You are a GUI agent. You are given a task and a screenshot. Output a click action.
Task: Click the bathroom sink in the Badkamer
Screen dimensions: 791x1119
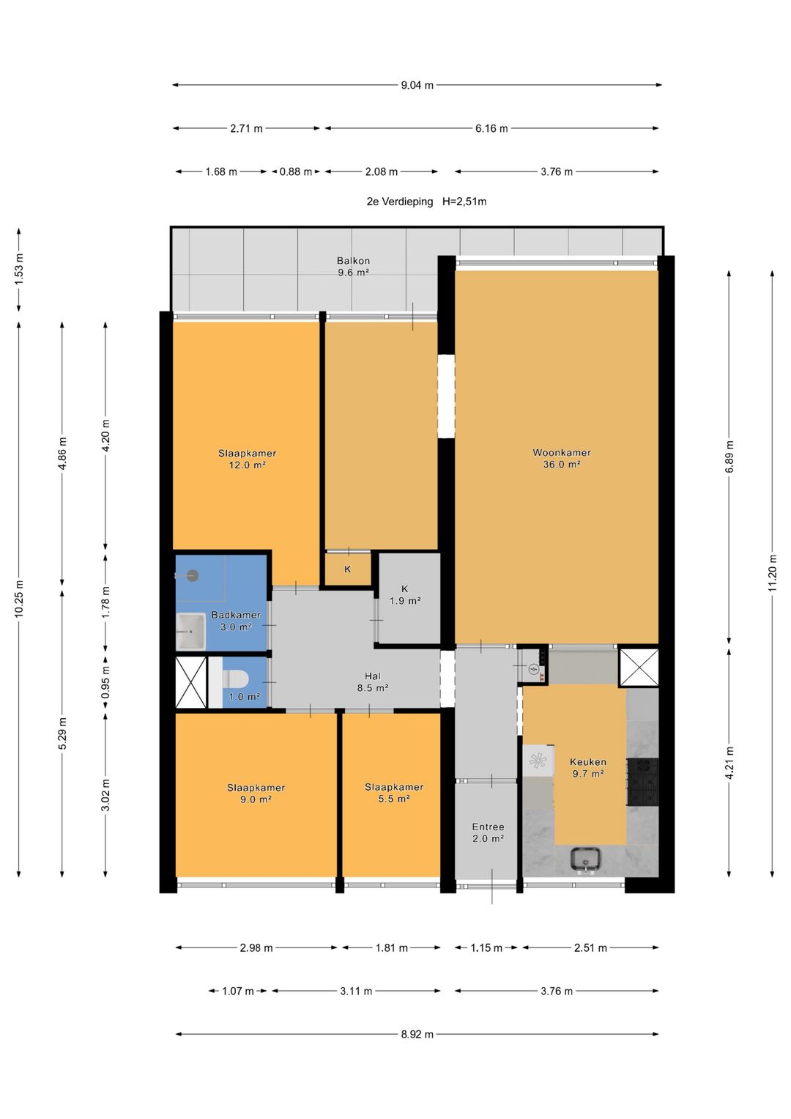[x=190, y=632]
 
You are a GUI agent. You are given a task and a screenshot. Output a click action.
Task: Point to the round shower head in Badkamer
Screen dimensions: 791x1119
[x=192, y=576]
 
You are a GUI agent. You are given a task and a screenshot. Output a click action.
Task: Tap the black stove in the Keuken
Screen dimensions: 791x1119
[x=643, y=782]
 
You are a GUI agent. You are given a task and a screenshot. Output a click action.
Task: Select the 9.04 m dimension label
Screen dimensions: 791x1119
[x=417, y=86]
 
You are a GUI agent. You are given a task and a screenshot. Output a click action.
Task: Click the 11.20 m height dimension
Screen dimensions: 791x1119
[x=773, y=573]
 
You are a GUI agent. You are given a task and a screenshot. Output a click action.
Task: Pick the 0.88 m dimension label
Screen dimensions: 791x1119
[x=296, y=172]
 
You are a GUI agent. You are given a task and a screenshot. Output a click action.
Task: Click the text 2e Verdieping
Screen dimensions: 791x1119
[x=399, y=202]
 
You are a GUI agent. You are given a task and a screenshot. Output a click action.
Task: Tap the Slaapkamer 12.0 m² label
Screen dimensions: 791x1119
[x=247, y=459]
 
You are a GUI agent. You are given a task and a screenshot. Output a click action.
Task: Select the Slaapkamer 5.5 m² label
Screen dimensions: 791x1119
[x=394, y=793]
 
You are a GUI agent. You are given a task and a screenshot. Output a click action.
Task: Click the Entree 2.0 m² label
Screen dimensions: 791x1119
[x=488, y=832]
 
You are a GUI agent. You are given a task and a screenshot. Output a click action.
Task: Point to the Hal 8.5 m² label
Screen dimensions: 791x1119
[x=373, y=682]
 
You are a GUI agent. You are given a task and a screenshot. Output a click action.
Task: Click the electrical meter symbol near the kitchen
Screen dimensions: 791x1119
[x=533, y=668]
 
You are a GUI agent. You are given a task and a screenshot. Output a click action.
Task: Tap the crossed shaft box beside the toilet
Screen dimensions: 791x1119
[x=191, y=682]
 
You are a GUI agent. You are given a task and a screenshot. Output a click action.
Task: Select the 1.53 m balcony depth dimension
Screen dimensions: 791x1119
[x=19, y=269]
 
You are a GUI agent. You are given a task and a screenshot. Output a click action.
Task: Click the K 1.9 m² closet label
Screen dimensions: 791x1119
[x=404, y=594]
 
